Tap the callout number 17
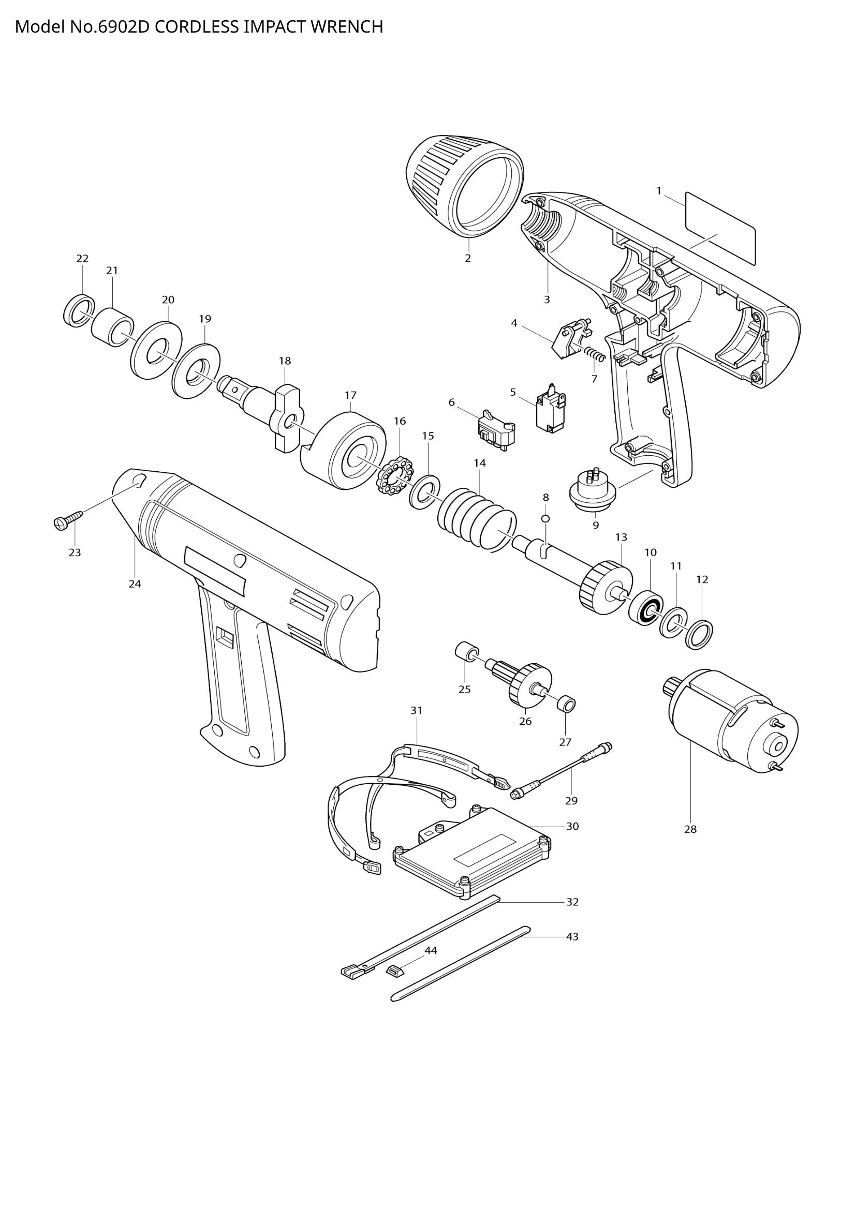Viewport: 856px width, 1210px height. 350,395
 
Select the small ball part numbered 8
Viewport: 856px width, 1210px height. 546,518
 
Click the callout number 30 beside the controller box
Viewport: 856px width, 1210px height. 572,826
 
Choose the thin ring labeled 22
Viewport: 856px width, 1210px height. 79,311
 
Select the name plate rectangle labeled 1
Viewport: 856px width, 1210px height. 720,228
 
